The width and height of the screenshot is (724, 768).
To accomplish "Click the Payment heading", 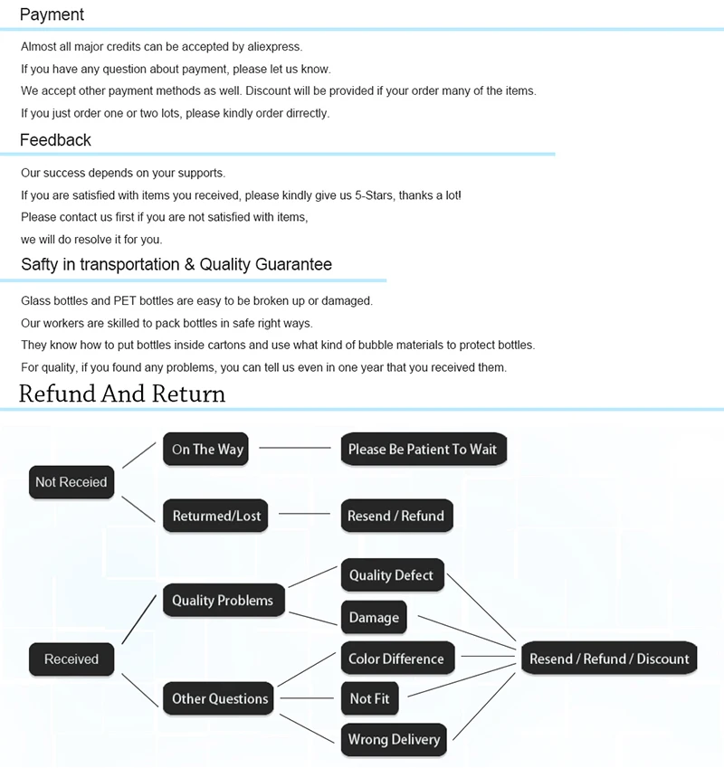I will coord(52,14).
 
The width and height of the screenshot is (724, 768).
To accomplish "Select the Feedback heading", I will coord(55,140).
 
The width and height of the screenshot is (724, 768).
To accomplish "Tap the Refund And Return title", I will coord(122,393).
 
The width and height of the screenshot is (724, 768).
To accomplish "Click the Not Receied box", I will coord(71,482).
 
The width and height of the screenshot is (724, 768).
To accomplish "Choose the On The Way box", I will coord(207,450).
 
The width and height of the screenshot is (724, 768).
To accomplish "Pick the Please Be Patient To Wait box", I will coord(423,450).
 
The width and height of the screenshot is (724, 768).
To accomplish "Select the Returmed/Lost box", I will coord(216,516).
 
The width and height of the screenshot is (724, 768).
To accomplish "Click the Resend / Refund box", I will coord(395,516).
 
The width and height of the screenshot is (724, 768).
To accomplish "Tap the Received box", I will coord(71,659).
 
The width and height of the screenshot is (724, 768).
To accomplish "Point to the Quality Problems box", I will coord(222,601).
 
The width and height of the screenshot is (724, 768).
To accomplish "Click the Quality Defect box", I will coord(391,574).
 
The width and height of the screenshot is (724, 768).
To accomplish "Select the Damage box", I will coord(373,617).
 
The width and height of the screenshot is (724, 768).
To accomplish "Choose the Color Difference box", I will coord(395,659).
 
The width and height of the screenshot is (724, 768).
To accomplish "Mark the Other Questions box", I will coord(220,698).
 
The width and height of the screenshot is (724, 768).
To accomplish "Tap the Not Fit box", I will coord(369,698).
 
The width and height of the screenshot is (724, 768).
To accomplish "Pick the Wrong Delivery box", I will coord(394,739).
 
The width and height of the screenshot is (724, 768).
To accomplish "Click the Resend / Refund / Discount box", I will coord(609,659).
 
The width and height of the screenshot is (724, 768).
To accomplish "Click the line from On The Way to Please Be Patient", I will coord(295,448).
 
